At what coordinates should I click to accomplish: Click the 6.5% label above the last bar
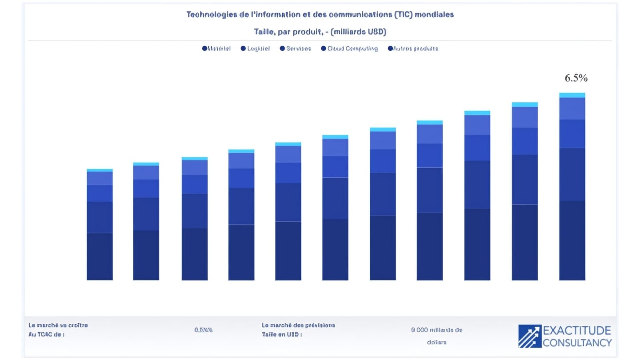coord(576,78)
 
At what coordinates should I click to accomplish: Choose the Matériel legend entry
coord(216,48)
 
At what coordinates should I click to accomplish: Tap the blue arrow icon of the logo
coord(530,336)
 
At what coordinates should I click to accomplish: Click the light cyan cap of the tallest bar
coord(572,95)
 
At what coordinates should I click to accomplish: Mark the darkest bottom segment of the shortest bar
coord(100,256)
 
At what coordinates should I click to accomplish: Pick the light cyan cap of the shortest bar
coord(100,170)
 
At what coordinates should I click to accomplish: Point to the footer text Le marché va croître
coord(58,325)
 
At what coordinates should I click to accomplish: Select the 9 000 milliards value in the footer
coord(437,330)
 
